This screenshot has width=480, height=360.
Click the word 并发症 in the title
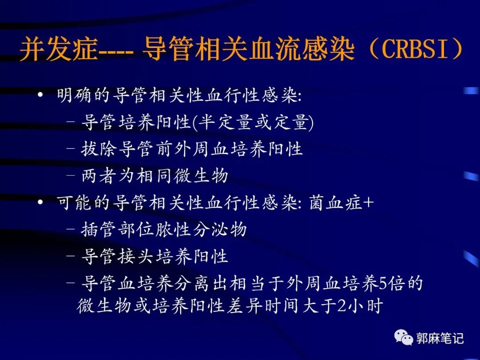58,50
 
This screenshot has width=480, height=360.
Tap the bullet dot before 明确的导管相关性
41,96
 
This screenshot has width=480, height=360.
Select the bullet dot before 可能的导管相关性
41,203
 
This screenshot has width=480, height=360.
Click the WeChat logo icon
404,338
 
